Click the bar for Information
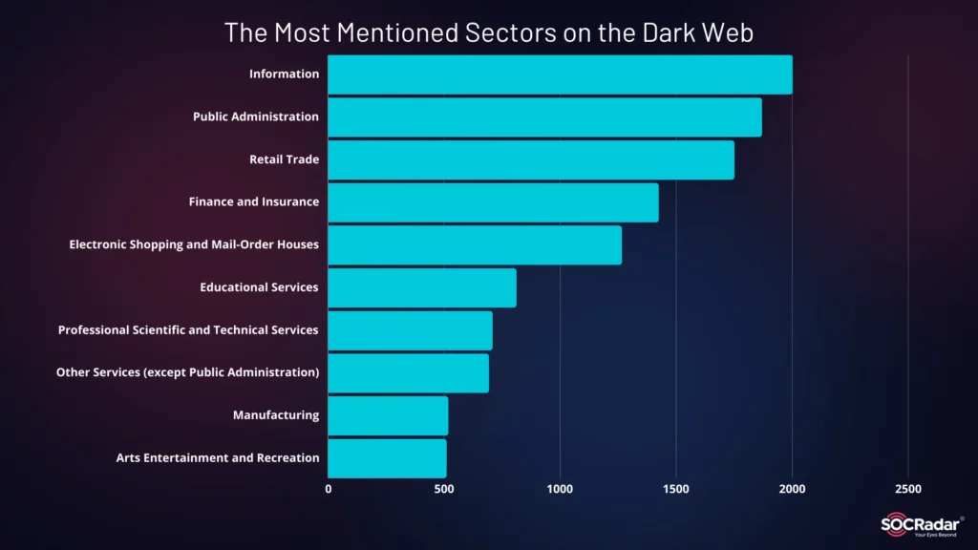click(560, 74)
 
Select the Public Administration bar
click(544, 116)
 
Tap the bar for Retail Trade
click(531, 159)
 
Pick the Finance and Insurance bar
click(493, 202)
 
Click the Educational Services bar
click(422, 287)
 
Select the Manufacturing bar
click(388, 415)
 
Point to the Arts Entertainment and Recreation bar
click(387, 458)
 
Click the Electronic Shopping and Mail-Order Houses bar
click(475, 245)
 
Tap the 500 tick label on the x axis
click(444, 489)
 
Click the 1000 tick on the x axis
click(560, 489)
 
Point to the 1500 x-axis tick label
click(676, 489)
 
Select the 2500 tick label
click(908, 489)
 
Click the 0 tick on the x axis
click(329, 489)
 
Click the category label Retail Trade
click(285, 159)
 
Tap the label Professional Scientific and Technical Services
click(188, 330)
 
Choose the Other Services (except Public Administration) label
click(187, 372)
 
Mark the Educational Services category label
click(259, 287)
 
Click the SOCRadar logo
click(922, 526)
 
